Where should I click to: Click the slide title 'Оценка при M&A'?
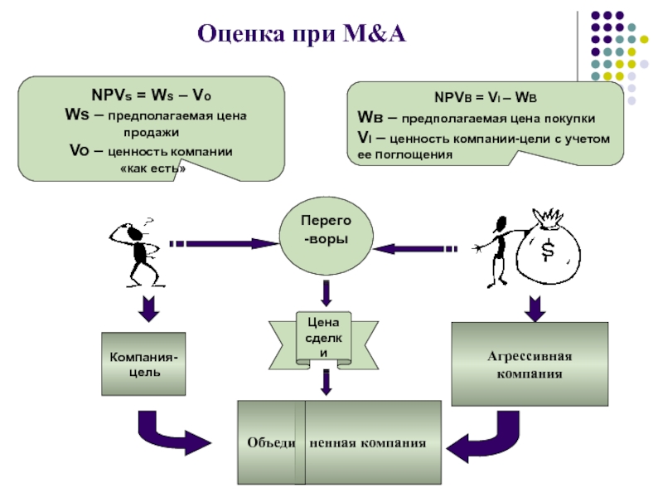click(302, 34)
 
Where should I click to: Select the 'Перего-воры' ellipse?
click(326, 236)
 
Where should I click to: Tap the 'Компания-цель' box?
click(143, 364)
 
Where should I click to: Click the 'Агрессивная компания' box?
click(530, 364)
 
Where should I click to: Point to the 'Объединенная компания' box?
click(339, 442)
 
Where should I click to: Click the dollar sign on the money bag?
click(548, 250)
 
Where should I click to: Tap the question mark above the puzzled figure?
click(148, 222)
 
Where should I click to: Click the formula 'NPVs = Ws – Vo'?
click(152, 95)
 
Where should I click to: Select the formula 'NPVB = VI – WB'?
click(486, 98)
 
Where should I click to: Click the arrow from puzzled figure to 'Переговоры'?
click(224, 243)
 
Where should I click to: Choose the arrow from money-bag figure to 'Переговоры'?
click(415, 248)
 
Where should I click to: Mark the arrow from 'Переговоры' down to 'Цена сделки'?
click(326, 294)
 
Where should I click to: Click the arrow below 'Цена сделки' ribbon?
click(326, 383)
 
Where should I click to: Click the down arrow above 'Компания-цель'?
click(148, 309)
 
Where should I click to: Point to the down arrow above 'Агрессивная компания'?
click(535, 309)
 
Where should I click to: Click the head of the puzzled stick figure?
click(135, 232)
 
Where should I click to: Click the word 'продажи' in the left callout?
click(152, 133)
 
